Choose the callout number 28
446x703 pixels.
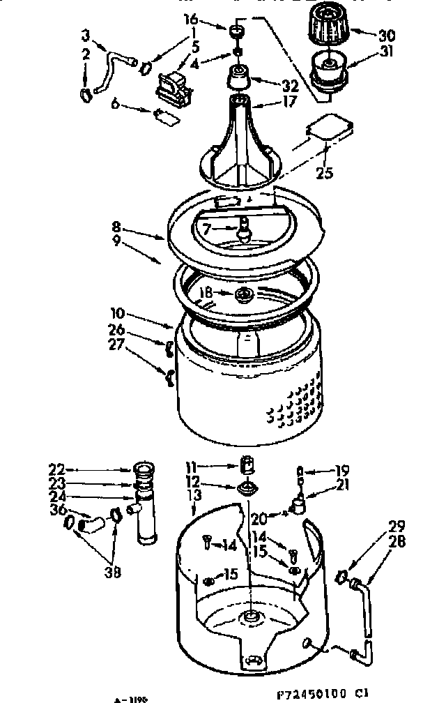[397, 540]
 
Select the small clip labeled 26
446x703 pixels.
[169, 347]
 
